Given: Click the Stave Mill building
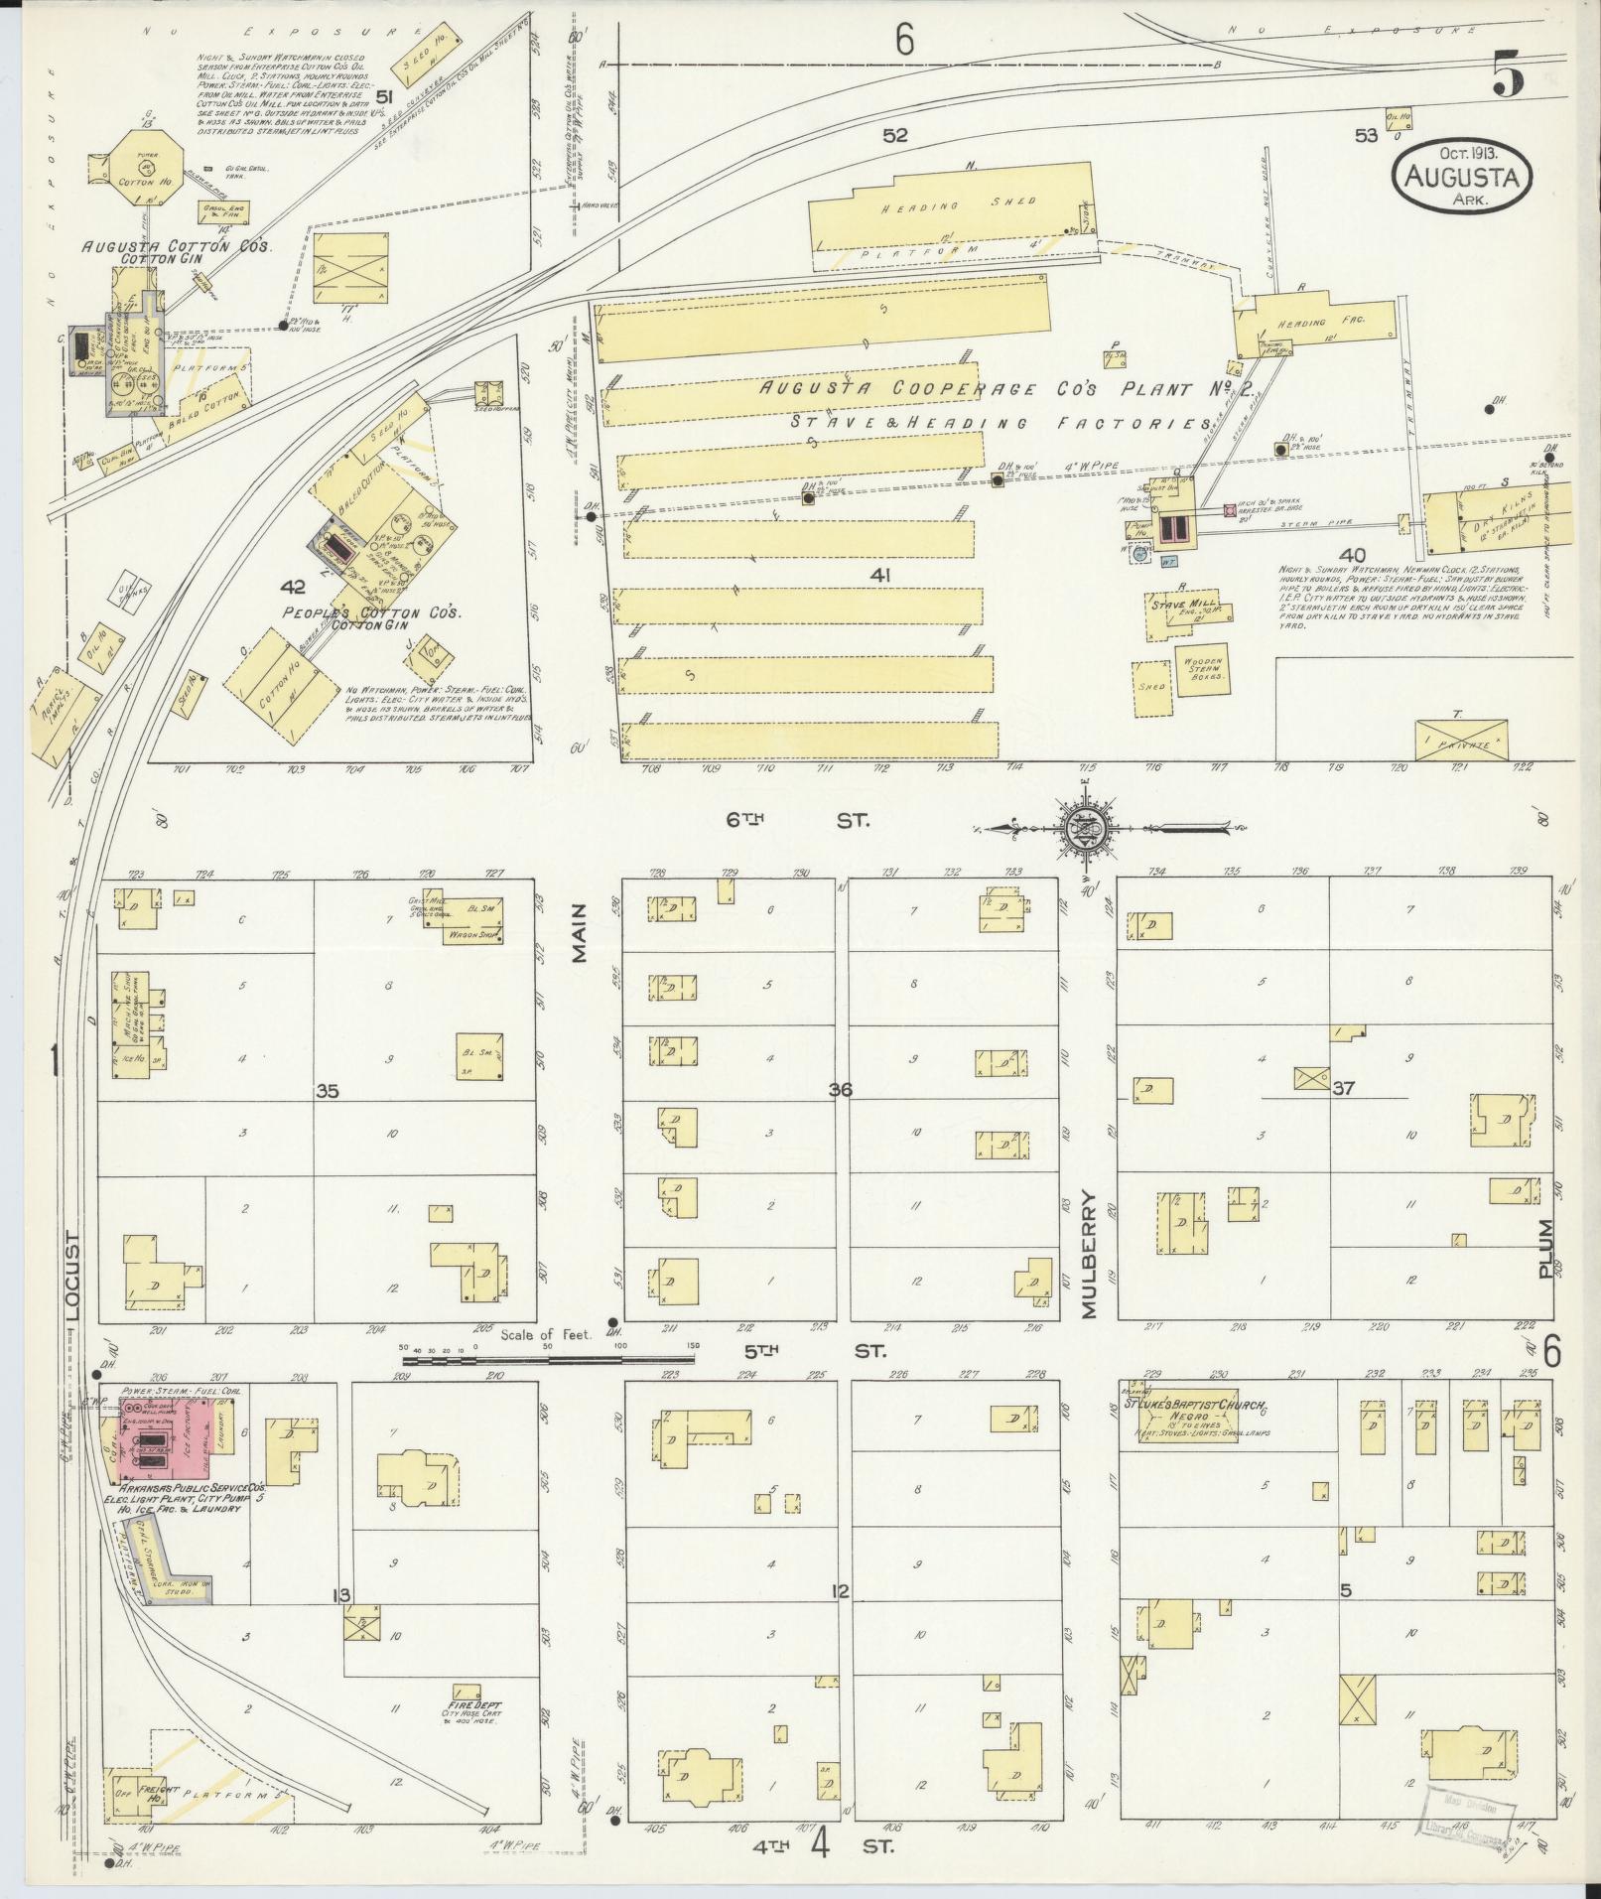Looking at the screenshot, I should click(x=1181, y=616).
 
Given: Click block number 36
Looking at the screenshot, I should click(x=841, y=1090).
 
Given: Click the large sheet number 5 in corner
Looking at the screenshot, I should click(x=1508, y=77).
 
